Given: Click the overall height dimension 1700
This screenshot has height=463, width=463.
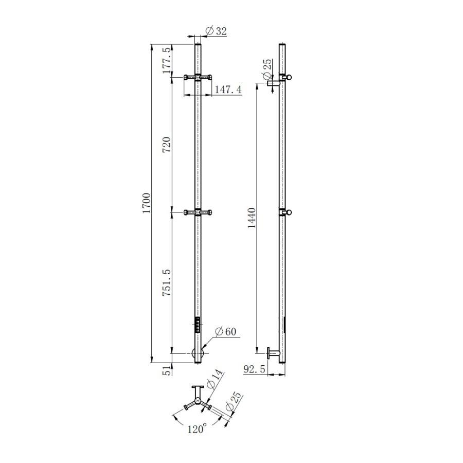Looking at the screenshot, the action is pos(147,203).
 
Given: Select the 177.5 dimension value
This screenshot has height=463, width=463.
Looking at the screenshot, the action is pos(167,61).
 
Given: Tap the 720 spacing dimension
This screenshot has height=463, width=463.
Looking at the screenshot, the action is pos(167,145).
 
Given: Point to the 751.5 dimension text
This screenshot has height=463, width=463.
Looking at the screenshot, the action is pos(167,283).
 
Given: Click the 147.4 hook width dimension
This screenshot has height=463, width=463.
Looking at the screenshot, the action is pos(228,90).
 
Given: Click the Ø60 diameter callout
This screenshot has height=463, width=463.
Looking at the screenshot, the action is pos(226,332).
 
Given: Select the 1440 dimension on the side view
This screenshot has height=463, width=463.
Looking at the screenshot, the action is pos(252,218).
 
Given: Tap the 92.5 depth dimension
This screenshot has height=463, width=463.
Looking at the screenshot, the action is pos(254,369).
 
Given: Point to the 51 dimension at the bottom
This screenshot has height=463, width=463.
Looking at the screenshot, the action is pos(167,370).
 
